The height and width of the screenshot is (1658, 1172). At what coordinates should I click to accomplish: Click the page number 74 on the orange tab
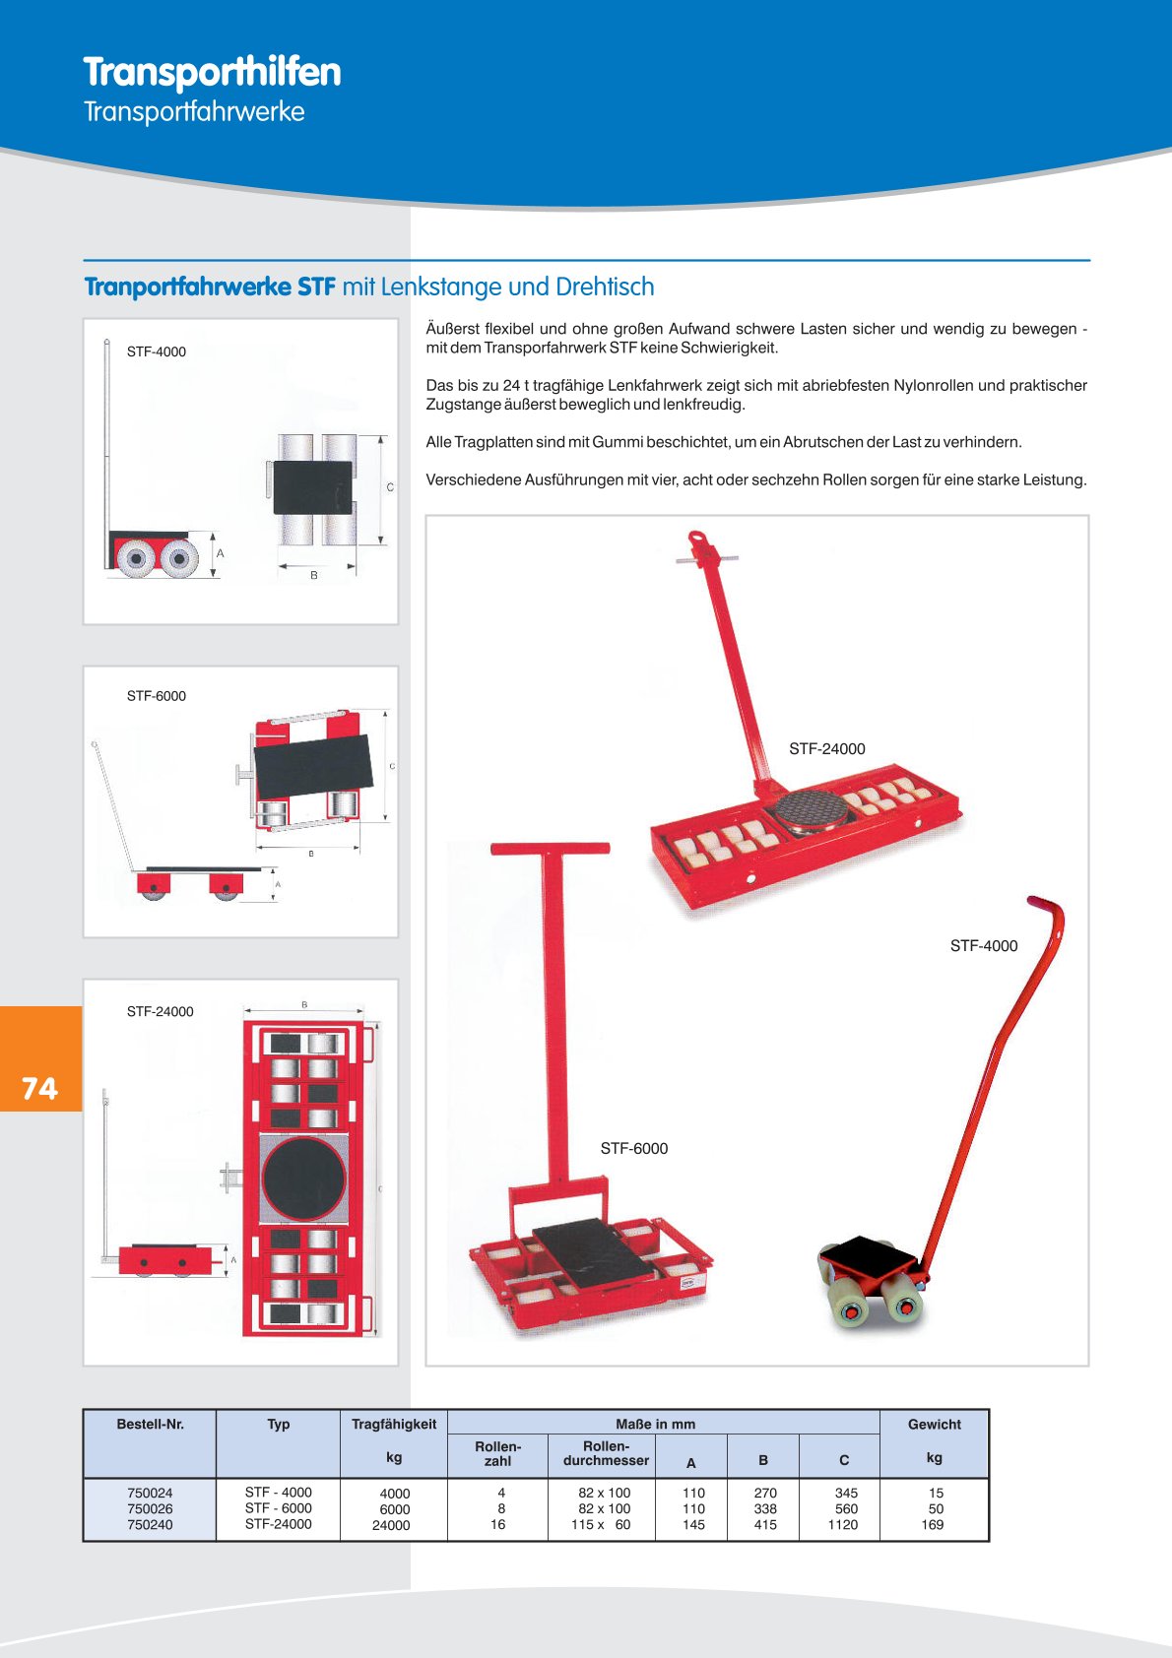click(39, 1088)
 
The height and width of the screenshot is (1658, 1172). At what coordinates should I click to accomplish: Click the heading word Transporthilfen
click(212, 72)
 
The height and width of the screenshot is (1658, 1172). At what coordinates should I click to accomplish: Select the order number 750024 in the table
click(150, 1493)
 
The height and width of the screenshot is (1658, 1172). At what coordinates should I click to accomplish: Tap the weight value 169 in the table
click(932, 1525)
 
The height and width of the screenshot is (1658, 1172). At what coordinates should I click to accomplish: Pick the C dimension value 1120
click(843, 1525)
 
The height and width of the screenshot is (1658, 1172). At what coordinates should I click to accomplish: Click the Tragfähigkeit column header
click(394, 1424)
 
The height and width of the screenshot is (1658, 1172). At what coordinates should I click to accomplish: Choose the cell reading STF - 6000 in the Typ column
click(278, 1508)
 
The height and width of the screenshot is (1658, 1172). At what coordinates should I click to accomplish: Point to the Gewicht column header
click(934, 1424)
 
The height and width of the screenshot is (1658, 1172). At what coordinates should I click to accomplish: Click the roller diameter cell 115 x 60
click(601, 1525)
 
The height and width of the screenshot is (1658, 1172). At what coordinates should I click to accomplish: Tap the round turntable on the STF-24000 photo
click(808, 811)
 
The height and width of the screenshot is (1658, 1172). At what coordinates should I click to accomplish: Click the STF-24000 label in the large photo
click(826, 749)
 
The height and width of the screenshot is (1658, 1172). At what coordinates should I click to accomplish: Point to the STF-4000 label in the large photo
click(983, 946)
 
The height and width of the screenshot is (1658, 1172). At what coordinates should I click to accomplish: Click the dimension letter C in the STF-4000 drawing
click(390, 487)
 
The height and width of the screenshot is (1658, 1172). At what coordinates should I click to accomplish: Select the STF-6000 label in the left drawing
click(156, 696)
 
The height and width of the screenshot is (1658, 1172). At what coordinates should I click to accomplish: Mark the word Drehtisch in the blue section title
click(605, 287)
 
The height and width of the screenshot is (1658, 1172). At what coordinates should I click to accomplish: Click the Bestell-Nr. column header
click(150, 1424)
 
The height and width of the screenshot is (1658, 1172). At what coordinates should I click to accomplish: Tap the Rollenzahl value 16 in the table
click(498, 1525)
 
